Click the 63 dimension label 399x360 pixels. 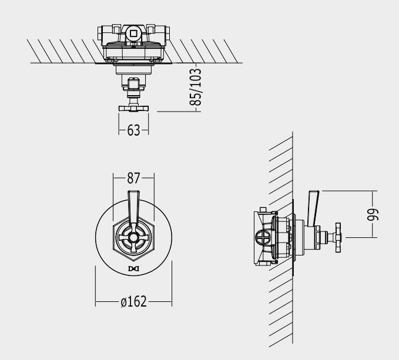point(133,130)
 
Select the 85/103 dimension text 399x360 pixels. point(196,87)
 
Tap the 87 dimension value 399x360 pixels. point(133,178)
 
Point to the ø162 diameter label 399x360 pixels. point(133,301)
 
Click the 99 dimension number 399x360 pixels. point(373,214)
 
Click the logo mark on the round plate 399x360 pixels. point(133,269)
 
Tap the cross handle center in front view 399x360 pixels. point(133,237)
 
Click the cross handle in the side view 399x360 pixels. point(338,237)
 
